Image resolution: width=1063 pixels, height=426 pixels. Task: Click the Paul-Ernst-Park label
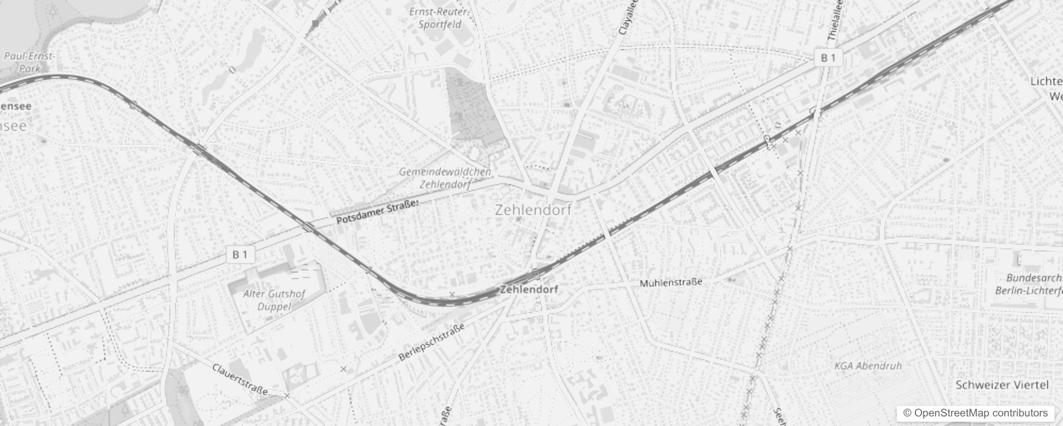[x=29, y=62]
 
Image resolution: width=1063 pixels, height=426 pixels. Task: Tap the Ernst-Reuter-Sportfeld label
[x=439, y=18]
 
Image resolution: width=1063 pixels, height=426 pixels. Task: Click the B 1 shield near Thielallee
[x=828, y=58]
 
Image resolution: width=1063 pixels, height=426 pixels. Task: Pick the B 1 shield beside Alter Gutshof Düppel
[x=240, y=255]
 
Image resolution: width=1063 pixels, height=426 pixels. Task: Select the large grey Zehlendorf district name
[x=533, y=210]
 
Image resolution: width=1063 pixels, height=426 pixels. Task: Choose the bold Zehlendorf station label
[x=529, y=289]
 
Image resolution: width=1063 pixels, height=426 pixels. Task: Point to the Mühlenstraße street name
[x=670, y=282]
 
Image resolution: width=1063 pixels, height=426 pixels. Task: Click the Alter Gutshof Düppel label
[x=274, y=300]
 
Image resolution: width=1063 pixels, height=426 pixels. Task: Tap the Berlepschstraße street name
[x=431, y=342]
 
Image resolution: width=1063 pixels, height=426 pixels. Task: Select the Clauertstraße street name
[x=240, y=379]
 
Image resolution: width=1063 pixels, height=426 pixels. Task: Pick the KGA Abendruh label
[x=868, y=366]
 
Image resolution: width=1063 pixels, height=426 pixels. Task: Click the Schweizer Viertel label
[x=1002, y=385]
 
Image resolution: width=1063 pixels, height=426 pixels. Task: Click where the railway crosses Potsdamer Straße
[x=308, y=228]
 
